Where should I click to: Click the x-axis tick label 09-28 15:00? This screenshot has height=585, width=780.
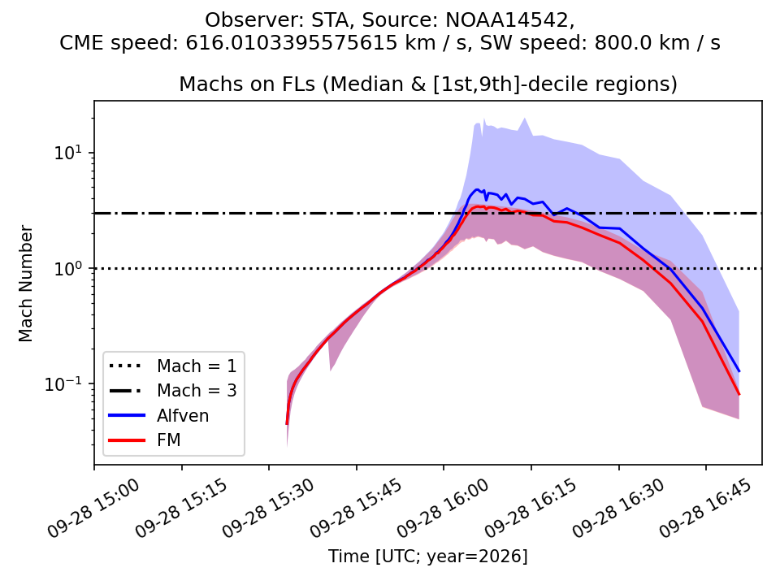94,507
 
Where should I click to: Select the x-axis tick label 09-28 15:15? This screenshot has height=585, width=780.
181,507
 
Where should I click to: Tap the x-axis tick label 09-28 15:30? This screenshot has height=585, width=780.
269,507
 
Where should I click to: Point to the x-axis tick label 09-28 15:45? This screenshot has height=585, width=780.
356,507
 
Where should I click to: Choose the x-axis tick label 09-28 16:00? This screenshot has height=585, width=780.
444,507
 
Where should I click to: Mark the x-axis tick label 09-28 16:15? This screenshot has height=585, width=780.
531,507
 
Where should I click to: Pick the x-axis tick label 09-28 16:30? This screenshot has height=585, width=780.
618,507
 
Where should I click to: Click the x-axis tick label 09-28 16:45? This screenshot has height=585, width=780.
706,507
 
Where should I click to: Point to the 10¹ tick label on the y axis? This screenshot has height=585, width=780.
67,152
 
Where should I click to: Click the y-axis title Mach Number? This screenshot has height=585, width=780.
25,284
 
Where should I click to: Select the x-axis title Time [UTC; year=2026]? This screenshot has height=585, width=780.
428,556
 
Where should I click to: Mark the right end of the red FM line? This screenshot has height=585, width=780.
739,395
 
